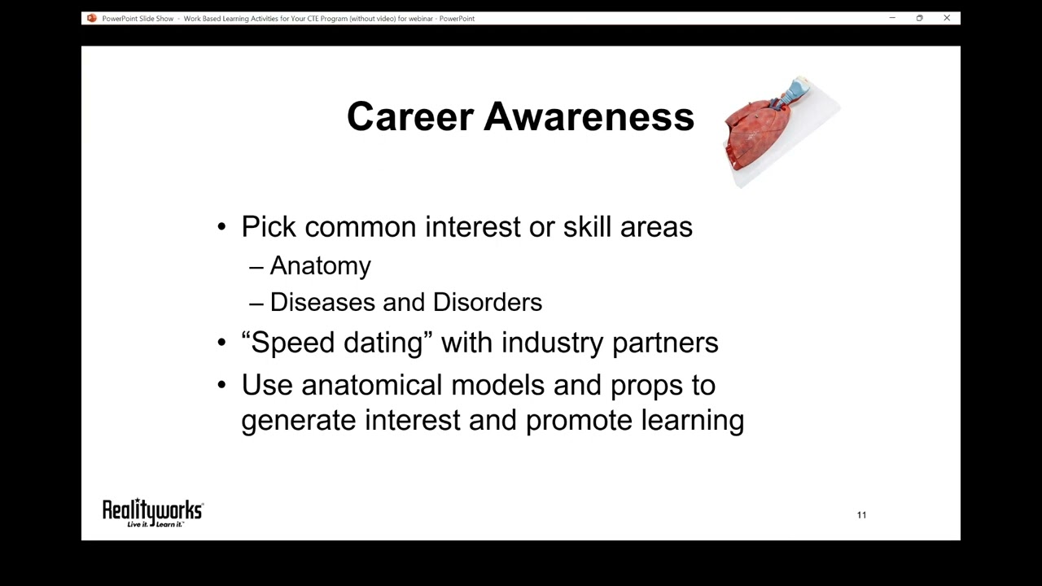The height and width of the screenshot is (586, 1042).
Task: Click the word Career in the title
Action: tap(409, 117)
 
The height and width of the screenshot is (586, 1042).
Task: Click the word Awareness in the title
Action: tap(589, 117)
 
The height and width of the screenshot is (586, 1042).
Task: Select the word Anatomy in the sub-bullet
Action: tap(320, 266)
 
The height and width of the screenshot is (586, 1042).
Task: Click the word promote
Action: tap(578, 421)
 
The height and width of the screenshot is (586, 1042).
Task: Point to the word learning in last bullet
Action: tap(692, 421)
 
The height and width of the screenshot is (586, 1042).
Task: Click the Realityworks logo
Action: tap(152, 512)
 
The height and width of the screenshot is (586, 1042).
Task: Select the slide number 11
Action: tap(861, 515)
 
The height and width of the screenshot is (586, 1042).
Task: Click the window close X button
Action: tap(947, 18)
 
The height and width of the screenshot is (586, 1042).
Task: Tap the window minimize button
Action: tap(892, 18)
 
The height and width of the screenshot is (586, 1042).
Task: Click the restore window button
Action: tap(919, 18)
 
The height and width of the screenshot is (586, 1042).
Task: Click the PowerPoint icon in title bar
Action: tap(92, 18)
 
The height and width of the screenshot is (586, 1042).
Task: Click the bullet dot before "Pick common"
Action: tap(222, 227)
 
